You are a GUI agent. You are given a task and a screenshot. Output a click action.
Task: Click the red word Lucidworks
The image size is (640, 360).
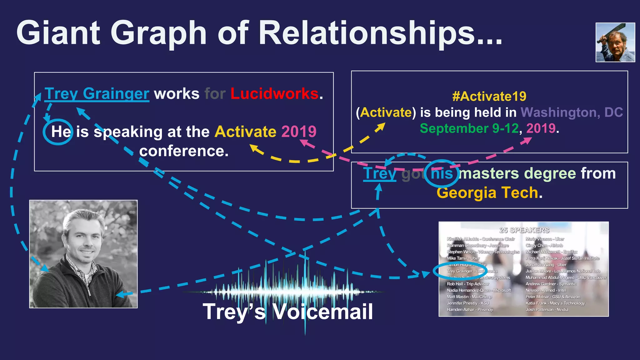pos(274,94)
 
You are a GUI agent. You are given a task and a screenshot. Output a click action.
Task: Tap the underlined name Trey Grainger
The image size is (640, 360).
pos(97,94)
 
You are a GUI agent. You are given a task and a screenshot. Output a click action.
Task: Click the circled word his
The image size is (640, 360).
pos(442,173)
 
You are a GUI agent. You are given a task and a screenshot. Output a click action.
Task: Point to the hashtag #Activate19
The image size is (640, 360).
pos(489,96)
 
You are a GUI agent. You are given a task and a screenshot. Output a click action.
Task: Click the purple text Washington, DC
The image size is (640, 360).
pos(572,112)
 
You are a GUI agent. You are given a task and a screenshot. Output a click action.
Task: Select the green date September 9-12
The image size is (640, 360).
pos(469,128)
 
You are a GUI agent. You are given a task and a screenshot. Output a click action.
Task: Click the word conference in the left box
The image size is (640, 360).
pos(184,151)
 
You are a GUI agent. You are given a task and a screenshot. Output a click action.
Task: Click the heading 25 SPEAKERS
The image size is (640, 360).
pos(524,230)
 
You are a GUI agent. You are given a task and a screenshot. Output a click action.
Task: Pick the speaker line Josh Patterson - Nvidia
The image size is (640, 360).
pos(547,310)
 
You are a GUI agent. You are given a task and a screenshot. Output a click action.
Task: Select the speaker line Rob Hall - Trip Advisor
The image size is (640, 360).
pos(468,284)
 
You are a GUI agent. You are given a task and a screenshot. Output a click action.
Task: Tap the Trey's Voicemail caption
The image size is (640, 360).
pos(287,312)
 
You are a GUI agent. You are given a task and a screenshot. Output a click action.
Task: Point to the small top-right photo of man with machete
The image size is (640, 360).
pos(615,42)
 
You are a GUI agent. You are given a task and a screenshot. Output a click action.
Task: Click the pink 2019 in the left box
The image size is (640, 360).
pos(299,132)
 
